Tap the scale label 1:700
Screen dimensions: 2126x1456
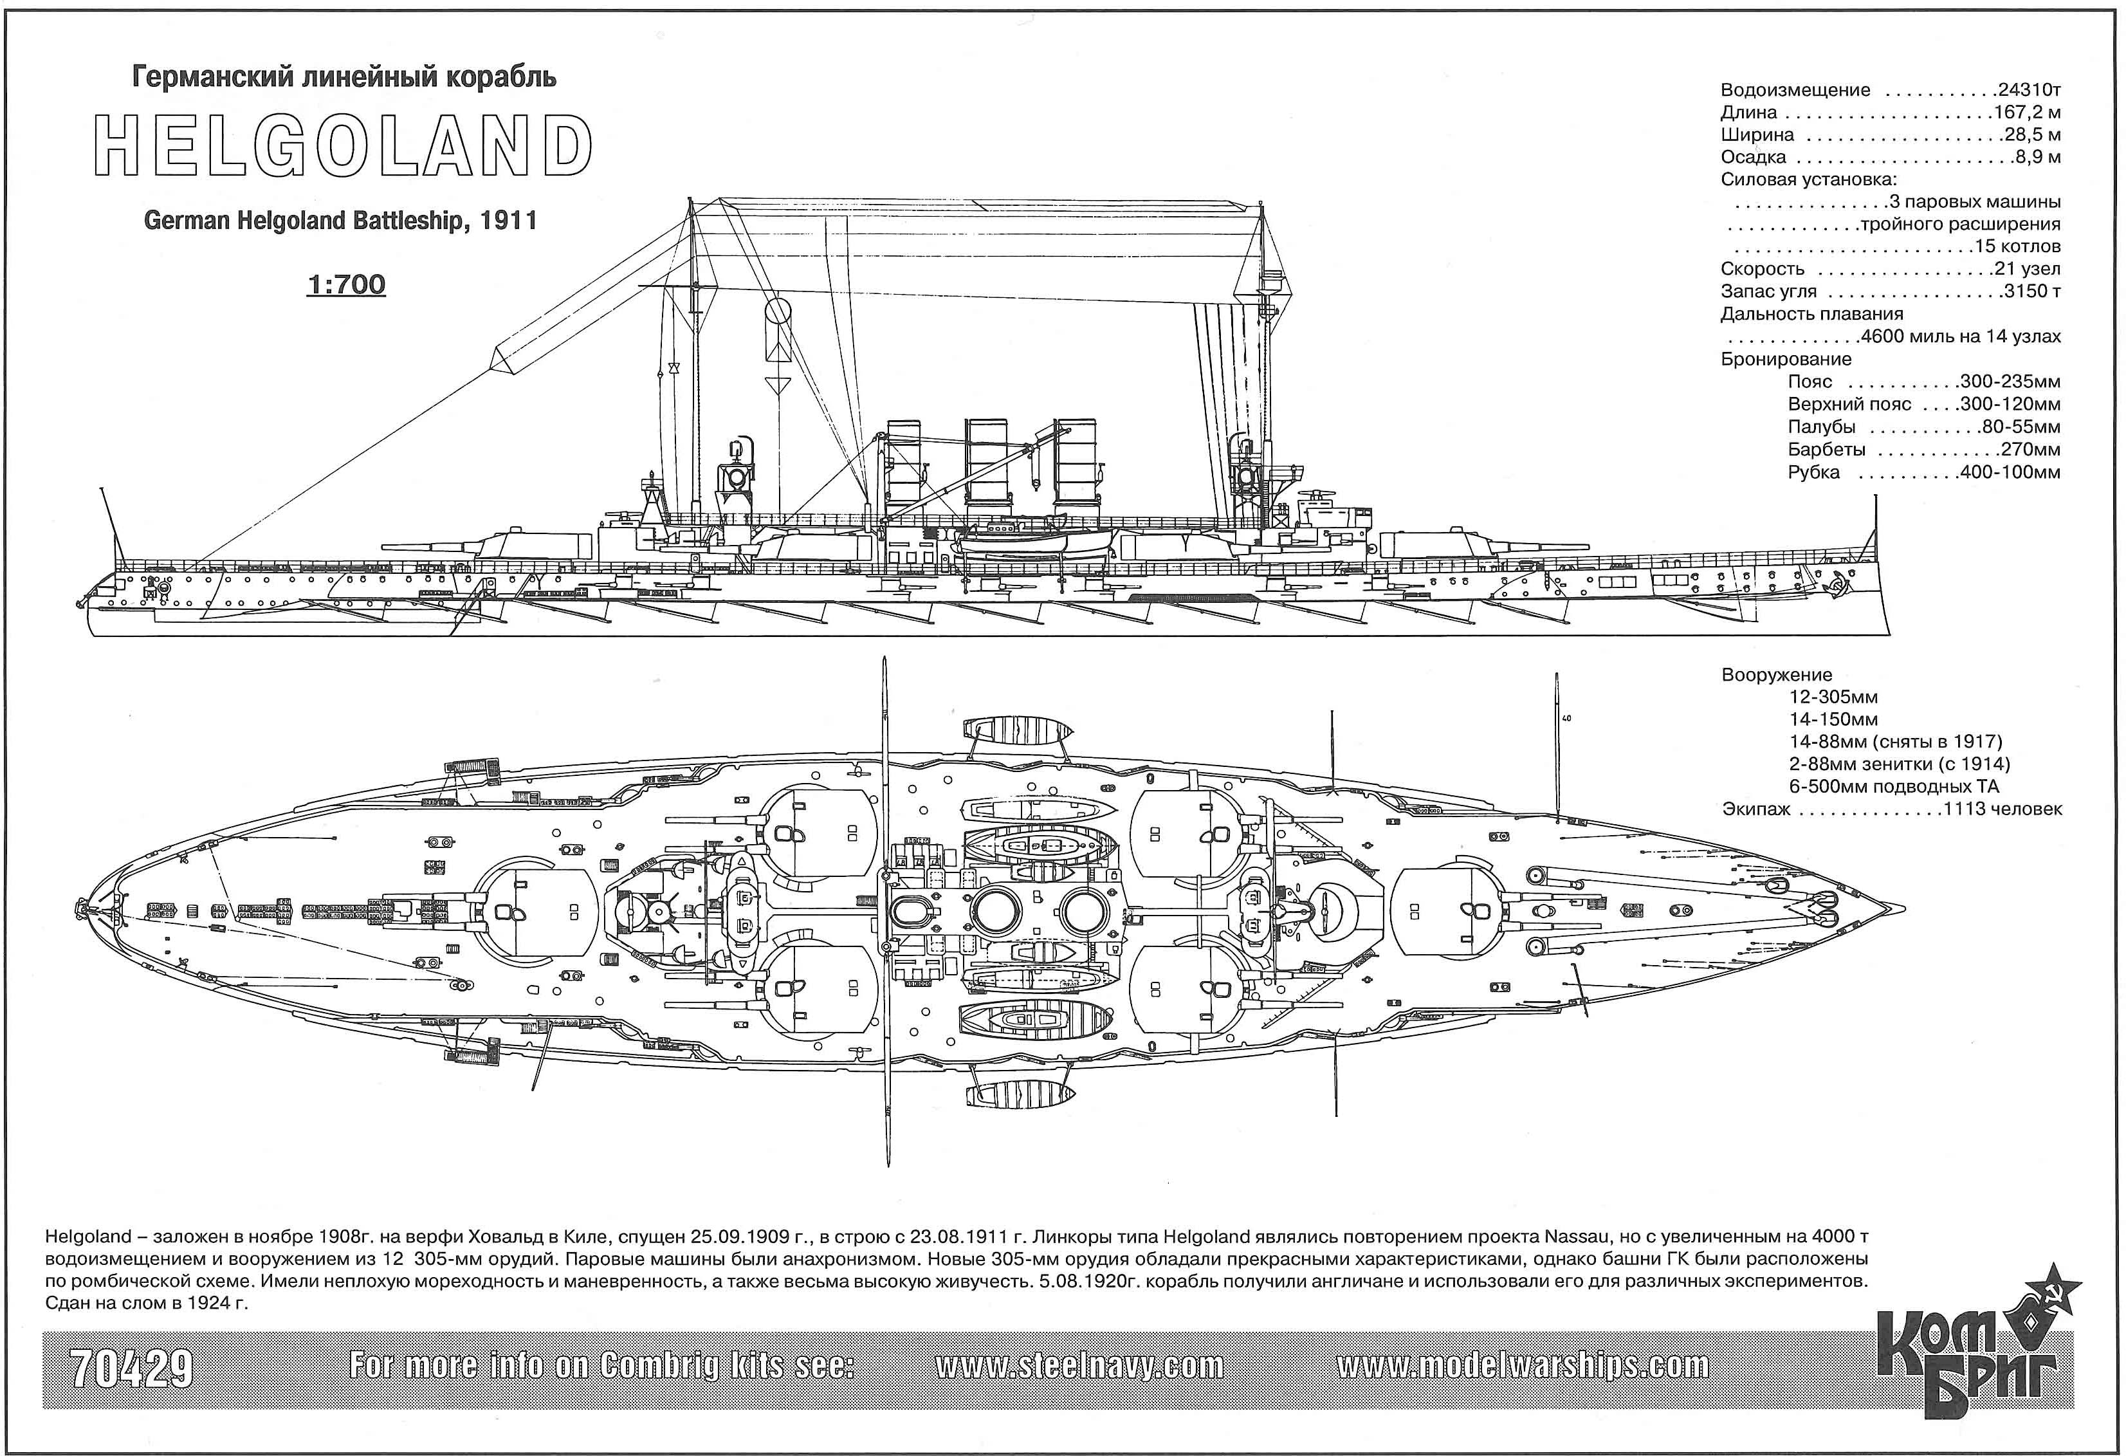(x=346, y=284)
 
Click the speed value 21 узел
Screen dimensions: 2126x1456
(x=2027, y=269)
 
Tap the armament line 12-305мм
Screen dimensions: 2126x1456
(x=1833, y=697)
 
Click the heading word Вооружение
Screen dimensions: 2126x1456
(x=1777, y=676)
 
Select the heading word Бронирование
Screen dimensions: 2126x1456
(x=1786, y=360)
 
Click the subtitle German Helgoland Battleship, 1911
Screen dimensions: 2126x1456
(x=340, y=221)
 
